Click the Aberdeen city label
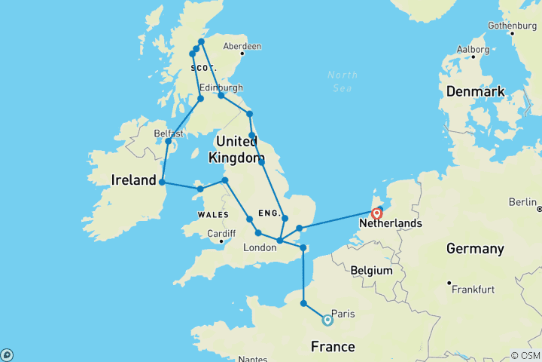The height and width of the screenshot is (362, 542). tap(242, 47)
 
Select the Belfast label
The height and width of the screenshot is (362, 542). tap(169, 133)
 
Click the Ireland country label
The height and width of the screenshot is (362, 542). tap(132, 181)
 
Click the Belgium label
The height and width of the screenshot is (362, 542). tap(372, 270)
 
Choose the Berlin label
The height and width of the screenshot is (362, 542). tap(524, 201)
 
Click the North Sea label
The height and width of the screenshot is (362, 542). tap(343, 81)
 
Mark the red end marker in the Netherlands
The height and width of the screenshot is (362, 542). tap(377, 213)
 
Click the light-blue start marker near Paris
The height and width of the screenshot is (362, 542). tap(327, 320)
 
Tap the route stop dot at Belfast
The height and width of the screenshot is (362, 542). tap(169, 142)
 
